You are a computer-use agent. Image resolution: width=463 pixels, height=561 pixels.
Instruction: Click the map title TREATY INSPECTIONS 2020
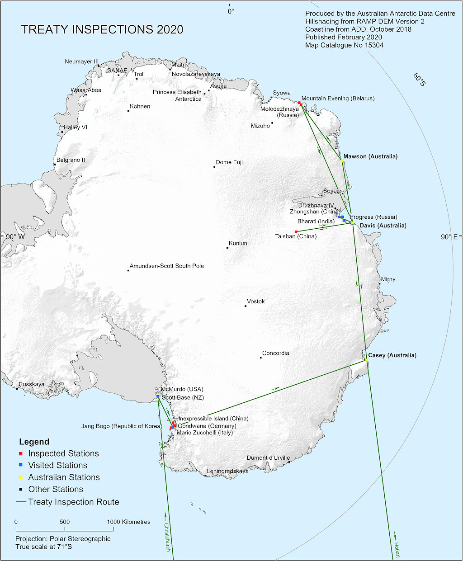click(x=102, y=29)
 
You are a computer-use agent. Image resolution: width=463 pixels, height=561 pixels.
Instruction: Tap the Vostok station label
click(x=256, y=302)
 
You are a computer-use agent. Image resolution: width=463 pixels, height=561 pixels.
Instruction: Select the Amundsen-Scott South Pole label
click(x=167, y=266)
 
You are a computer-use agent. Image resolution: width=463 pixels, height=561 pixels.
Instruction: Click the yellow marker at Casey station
click(x=366, y=360)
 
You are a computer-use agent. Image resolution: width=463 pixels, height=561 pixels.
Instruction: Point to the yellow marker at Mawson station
click(x=342, y=161)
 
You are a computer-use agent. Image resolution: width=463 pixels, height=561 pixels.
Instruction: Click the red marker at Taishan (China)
click(x=296, y=232)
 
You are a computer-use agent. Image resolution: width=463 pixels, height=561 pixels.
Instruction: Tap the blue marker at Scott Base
click(x=158, y=397)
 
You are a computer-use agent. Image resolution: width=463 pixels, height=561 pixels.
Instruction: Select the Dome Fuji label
click(x=229, y=162)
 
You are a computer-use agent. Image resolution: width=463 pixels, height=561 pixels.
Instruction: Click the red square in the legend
click(x=21, y=454)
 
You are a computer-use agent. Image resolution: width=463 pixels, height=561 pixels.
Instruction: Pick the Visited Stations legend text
click(x=57, y=465)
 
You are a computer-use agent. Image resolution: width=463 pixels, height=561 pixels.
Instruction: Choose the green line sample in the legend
click(x=21, y=502)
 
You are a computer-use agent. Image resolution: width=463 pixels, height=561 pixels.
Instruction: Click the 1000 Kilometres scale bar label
click(x=129, y=522)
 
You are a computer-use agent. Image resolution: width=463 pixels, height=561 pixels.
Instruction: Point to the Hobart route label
click(x=397, y=550)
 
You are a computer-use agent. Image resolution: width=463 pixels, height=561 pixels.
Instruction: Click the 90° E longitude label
click(x=449, y=237)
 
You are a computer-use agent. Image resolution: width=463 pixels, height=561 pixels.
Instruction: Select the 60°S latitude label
click(x=419, y=80)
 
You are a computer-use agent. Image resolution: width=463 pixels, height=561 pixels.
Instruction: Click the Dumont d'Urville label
click(x=268, y=458)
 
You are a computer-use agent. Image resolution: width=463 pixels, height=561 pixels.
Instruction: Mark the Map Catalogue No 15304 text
click(x=344, y=45)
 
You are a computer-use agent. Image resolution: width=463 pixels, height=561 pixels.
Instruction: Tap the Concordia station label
click(x=275, y=353)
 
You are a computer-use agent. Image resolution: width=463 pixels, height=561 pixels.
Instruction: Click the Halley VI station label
click(x=76, y=127)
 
